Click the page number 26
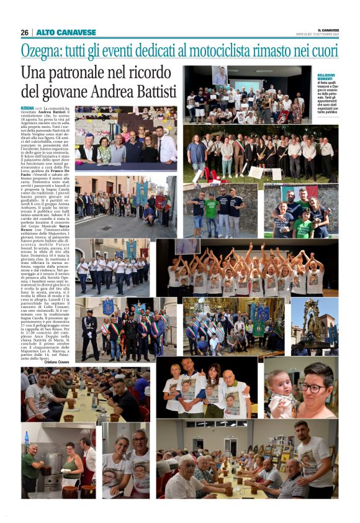[x=24, y=32]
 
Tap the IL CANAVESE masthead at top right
[x=328, y=29]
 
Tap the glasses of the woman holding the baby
[x=315, y=387]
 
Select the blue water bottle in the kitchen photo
[x=26, y=438]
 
